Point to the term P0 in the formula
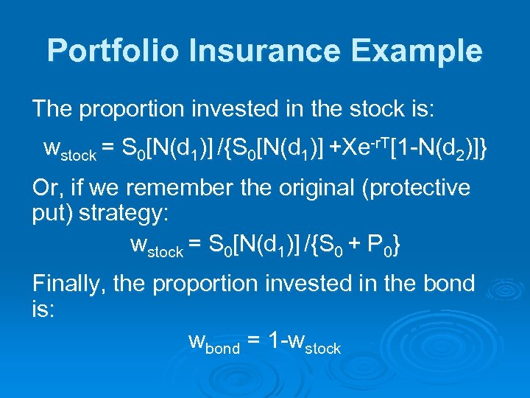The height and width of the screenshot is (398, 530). [x=378, y=244]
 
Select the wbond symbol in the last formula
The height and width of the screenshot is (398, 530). [x=214, y=342]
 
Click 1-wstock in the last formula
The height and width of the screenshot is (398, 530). [x=304, y=342]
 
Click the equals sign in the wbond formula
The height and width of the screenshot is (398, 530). [x=253, y=341]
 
